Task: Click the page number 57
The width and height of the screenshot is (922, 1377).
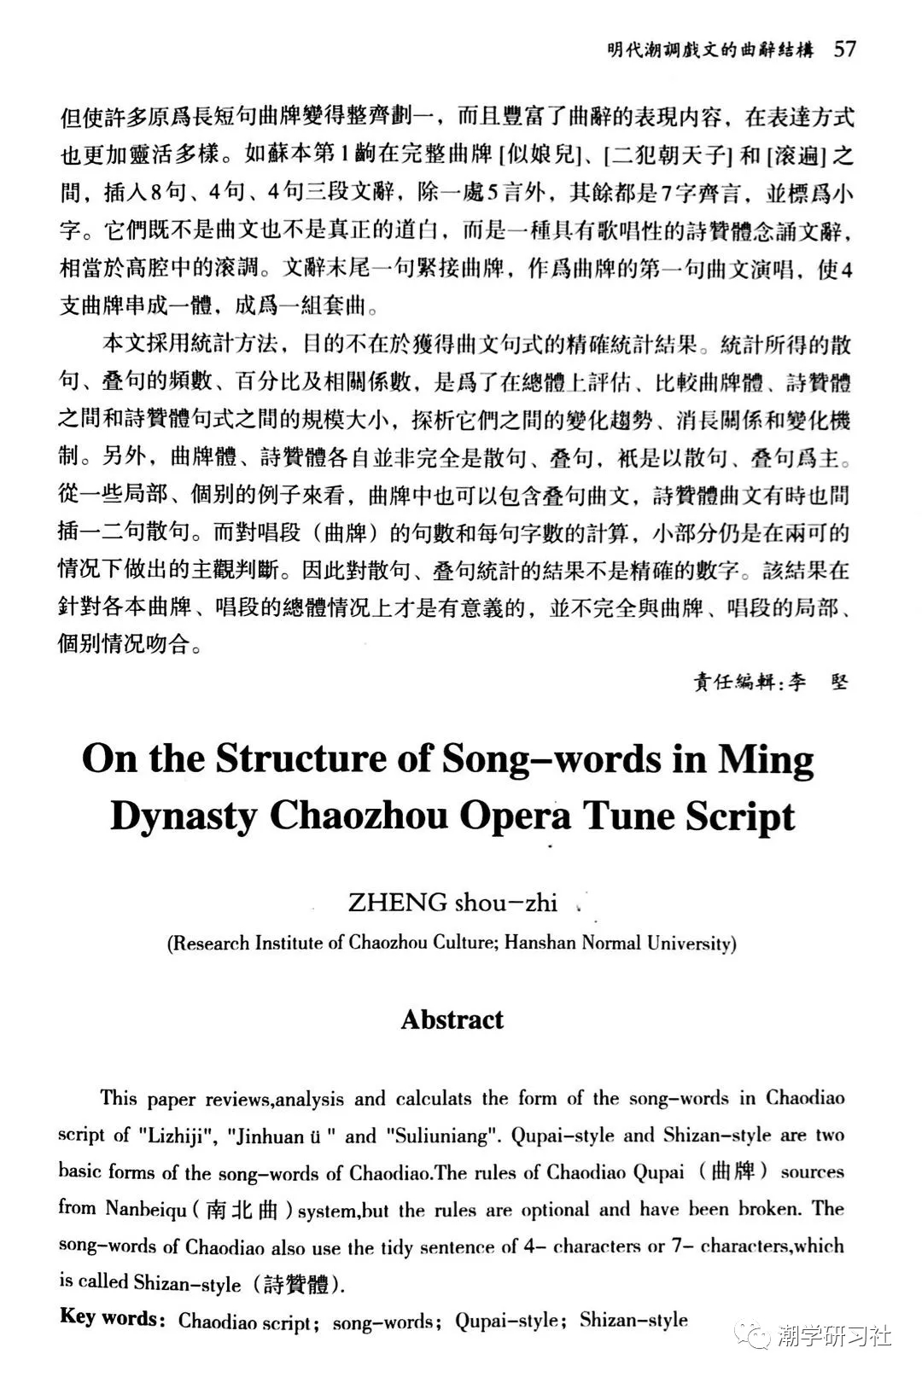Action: coord(844,49)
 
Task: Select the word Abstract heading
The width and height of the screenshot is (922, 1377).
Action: coord(452,1020)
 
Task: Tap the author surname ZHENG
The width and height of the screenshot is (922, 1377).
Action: coord(386,903)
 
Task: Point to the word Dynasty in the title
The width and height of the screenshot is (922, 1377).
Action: coord(184,816)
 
